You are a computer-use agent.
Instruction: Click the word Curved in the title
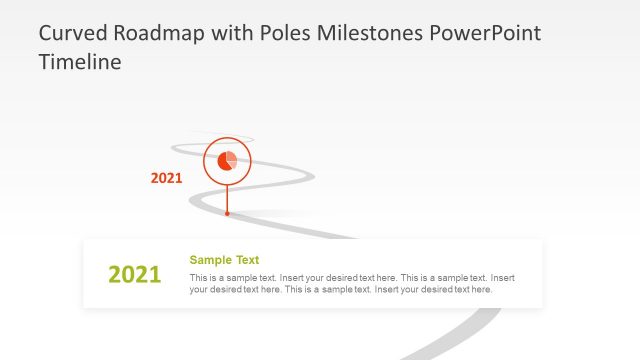(72, 33)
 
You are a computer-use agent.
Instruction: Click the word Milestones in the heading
(371, 33)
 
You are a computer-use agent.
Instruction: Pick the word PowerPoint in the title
(484, 33)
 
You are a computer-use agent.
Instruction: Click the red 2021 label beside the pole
(166, 179)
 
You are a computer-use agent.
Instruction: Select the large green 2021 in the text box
(134, 275)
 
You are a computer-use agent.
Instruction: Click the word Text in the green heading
(247, 260)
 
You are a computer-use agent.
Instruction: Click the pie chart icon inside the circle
(227, 161)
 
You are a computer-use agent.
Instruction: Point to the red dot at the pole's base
(227, 213)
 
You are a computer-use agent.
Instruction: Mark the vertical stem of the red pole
(227, 197)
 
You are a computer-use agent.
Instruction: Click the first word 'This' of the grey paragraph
(199, 277)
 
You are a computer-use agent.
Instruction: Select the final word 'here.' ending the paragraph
(480, 289)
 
